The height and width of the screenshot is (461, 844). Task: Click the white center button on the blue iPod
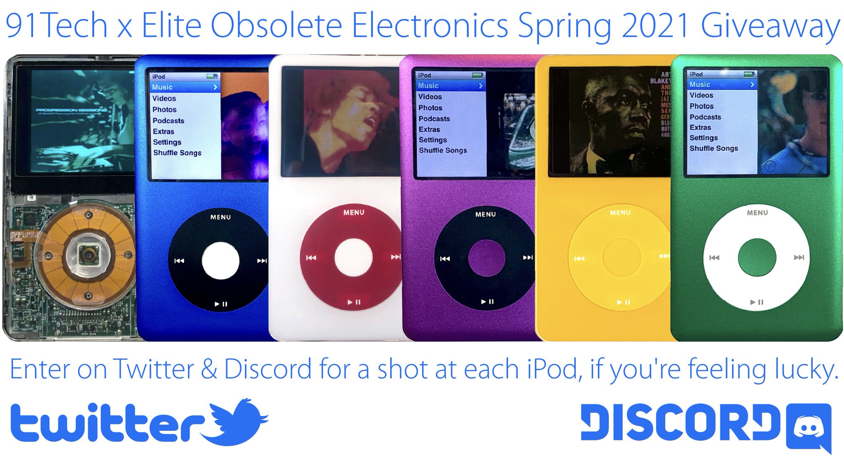(x=220, y=261)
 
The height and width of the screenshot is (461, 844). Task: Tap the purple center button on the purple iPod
(x=486, y=258)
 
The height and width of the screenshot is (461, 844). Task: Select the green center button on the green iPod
(x=757, y=257)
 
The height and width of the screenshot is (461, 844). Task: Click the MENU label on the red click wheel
(x=354, y=212)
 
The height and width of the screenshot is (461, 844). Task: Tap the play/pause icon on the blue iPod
(x=221, y=304)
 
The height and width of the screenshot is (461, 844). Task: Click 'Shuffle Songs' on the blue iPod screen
(x=177, y=153)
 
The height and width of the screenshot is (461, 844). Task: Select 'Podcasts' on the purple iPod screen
(x=434, y=119)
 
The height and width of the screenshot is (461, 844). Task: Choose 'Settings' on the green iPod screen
(x=703, y=138)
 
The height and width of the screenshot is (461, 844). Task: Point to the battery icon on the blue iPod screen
(x=212, y=76)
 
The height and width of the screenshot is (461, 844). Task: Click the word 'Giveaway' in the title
(x=770, y=26)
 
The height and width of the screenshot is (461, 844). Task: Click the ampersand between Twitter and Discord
(x=209, y=369)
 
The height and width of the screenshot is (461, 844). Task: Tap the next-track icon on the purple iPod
(x=527, y=258)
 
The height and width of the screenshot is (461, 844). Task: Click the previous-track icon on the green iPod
(x=714, y=258)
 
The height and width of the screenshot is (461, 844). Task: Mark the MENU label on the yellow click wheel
(x=620, y=212)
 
